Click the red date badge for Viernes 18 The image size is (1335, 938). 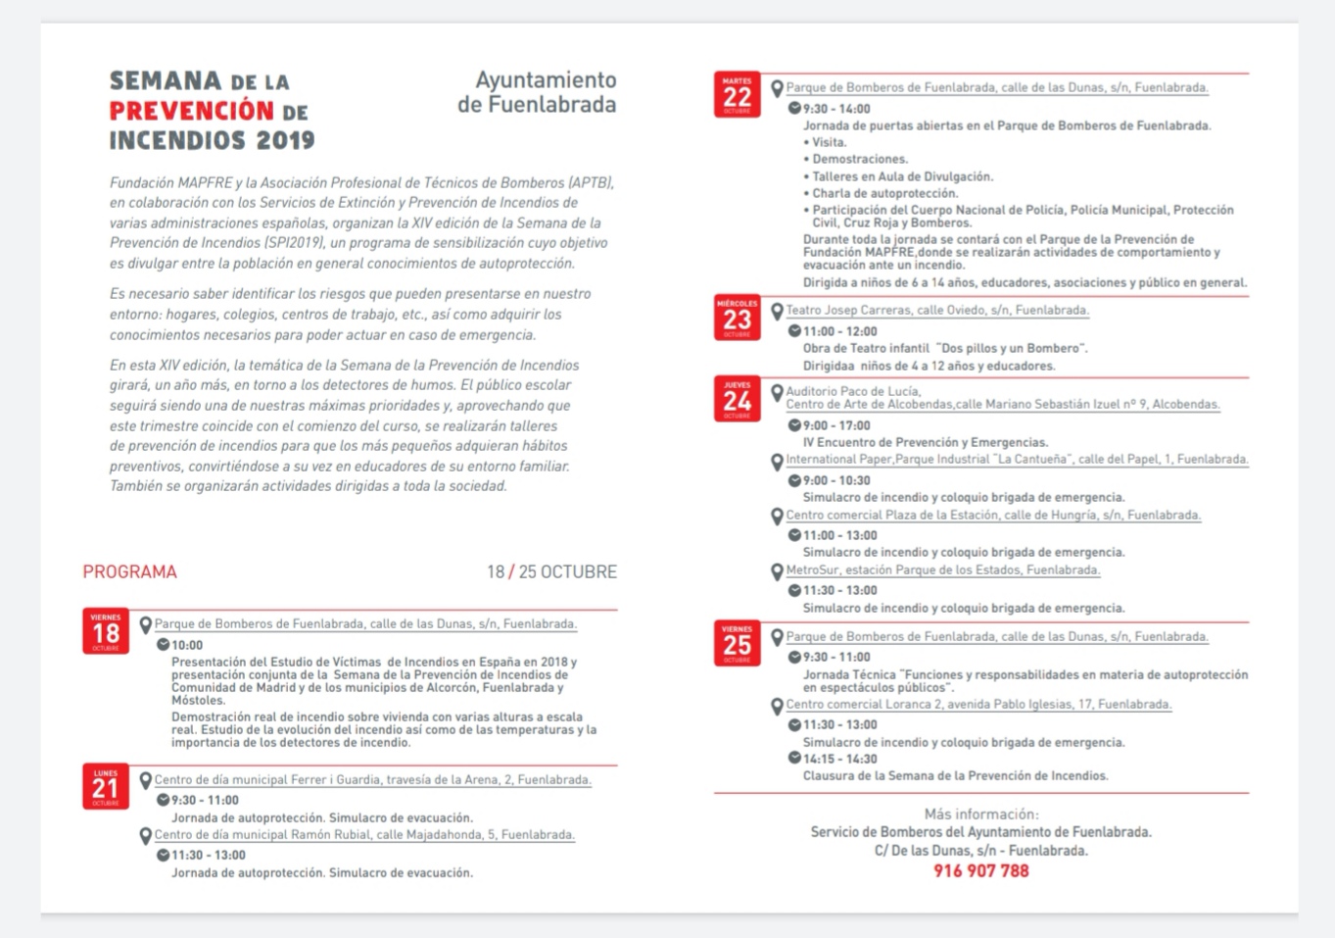(x=106, y=631)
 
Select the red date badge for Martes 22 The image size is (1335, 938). (x=737, y=95)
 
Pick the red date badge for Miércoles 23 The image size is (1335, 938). (x=737, y=318)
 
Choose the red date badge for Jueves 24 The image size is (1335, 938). (x=737, y=399)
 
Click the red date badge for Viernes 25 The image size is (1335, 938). (x=737, y=643)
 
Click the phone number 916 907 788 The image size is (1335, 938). (x=980, y=870)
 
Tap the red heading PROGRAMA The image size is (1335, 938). (x=129, y=571)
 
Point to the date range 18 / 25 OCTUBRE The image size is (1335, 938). (x=551, y=571)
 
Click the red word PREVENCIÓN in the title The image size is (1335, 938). (x=177, y=110)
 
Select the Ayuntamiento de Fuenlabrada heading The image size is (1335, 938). (x=537, y=92)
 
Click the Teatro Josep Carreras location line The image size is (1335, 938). (x=936, y=310)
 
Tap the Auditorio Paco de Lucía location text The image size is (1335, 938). (x=853, y=391)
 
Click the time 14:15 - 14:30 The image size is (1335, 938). (x=839, y=759)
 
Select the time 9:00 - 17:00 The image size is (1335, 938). (x=835, y=425)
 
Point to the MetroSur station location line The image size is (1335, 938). (x=942, y=569)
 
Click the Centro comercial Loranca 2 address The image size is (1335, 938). (x=977, y=704)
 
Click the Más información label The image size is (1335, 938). (x=980, y=814)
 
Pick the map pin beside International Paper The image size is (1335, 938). (x=778, y=461)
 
